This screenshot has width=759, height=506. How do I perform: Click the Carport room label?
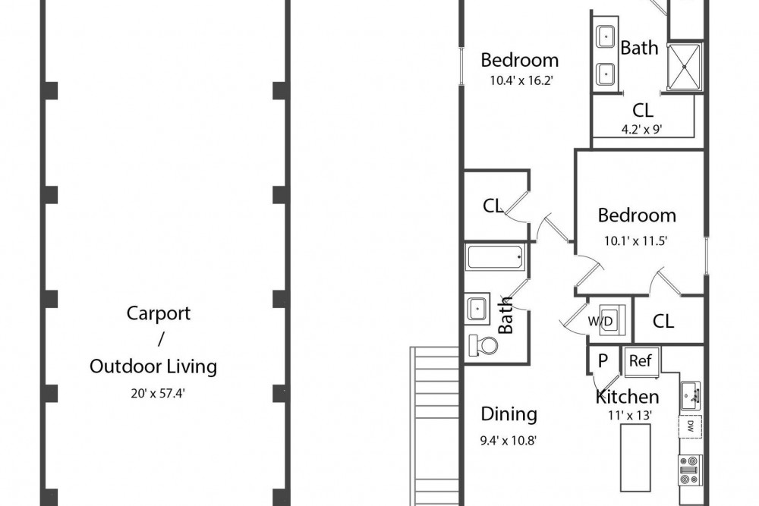point(159,313)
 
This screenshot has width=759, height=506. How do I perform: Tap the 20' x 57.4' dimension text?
point(158,393)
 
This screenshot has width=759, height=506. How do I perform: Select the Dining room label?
point(509,414)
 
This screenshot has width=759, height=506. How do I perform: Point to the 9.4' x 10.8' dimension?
point(509,441)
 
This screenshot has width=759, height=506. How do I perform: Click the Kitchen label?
point(628,397)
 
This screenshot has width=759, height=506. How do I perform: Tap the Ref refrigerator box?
point(641,361)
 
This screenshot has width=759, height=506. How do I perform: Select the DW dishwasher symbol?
point(690,426)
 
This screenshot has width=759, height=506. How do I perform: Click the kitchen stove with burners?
point(690,470)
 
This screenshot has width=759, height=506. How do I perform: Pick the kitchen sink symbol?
point(691,395)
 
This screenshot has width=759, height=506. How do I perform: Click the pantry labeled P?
point(603,360)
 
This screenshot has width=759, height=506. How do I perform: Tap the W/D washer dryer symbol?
point(607,320)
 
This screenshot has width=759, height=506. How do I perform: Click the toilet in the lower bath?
point(483,345)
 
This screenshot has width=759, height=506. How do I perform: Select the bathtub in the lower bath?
point(495,257)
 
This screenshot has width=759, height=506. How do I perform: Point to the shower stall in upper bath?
point(685,67)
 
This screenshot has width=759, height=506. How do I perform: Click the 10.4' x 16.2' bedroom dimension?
point(521,80)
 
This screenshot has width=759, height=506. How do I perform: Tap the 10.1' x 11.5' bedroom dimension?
point(636,241)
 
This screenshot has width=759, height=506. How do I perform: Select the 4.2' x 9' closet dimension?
point(642,129)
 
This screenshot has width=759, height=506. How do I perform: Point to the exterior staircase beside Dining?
point(435,426)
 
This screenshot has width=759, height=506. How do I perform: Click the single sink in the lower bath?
point(477,308)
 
